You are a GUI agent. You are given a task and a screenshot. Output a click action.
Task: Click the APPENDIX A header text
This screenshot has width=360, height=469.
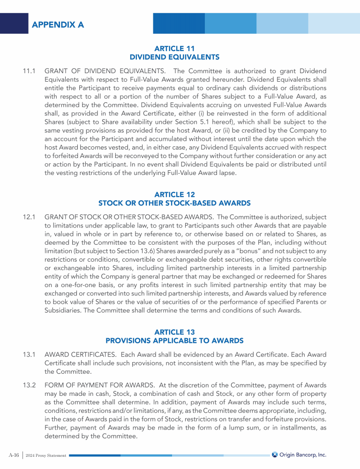click(x=58, y=25)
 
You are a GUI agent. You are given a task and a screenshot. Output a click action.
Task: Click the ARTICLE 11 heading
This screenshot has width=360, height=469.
click(x=174, y=48)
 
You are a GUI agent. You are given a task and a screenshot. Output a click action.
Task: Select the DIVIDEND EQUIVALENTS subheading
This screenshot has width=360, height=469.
click(x=174, y=57)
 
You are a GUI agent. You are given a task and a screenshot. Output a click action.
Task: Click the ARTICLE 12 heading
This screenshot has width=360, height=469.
click(x=174, y=194)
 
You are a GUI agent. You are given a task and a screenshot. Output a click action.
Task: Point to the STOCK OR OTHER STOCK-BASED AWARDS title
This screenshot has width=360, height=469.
click(x=174, y=203)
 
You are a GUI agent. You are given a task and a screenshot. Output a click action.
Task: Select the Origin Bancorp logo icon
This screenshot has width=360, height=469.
click(x=275, y=454)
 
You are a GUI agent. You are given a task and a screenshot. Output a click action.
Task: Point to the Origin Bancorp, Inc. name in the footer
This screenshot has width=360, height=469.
click(x=303, y=454)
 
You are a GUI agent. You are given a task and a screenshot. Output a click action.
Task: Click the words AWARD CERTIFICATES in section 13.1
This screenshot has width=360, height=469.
click(x=77, y=355)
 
